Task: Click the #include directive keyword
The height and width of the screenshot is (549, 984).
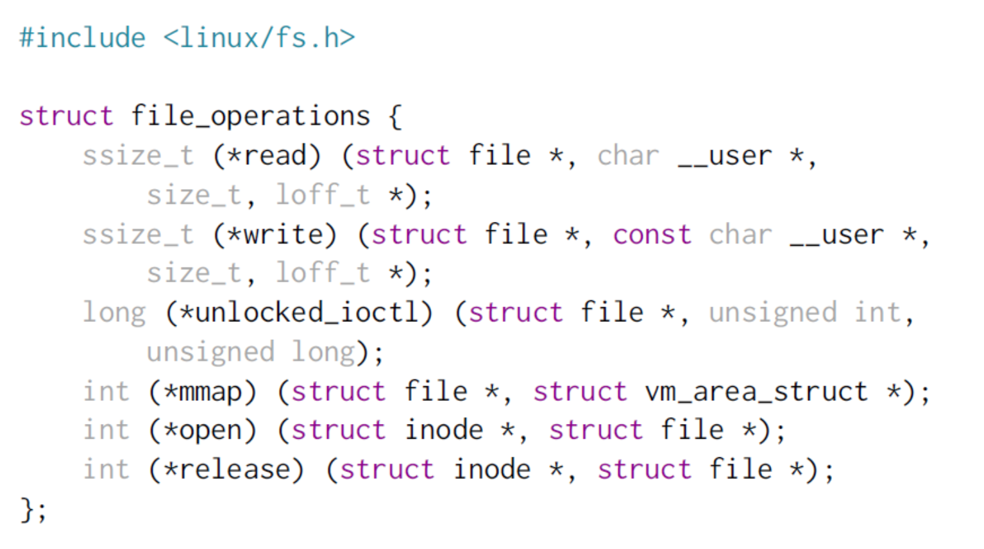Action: pos(82,38)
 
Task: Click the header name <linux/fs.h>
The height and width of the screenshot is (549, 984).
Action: pos(259,38)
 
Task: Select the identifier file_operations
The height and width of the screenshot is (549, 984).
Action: pos(251,117)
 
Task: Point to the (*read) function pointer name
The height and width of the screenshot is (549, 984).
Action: pos(267,156)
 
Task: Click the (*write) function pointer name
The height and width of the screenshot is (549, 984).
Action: pos(275,235)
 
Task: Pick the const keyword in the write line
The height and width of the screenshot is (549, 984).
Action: pos(652,235)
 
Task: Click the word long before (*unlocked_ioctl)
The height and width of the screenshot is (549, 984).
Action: pos(114,313)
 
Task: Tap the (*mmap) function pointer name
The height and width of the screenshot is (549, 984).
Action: pos(203,392)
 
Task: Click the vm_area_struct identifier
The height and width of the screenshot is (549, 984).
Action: pos(756,392)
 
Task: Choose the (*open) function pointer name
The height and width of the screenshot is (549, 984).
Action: pos(203,430)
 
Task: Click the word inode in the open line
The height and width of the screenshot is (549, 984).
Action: pos(444,430)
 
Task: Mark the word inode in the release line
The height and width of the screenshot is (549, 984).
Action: pos(492,470)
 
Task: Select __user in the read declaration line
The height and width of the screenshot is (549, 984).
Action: pos(725,156)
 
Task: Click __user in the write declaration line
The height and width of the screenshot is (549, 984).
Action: pos(836,235)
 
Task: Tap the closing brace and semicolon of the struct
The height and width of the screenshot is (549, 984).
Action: pos(33,511)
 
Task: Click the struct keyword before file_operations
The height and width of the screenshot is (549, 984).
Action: pos(66,117)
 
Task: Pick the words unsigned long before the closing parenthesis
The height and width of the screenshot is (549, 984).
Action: pos(251,352)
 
